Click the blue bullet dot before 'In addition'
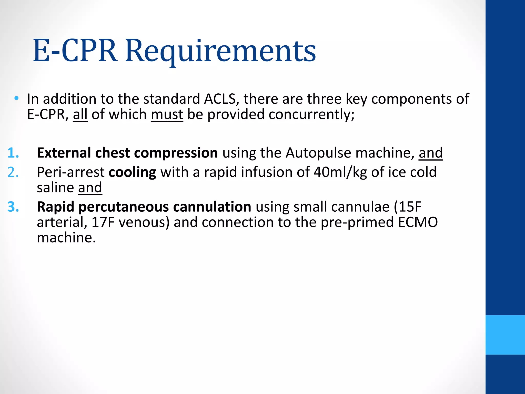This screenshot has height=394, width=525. pyautogui.click(x=16, y=98)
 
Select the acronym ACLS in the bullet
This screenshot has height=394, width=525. pyautogui.click(x=220, y=99)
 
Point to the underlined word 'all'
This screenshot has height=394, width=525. pyautogui.click(x=80, y=114)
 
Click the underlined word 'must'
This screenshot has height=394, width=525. pyautogui.click(x=167, y=114)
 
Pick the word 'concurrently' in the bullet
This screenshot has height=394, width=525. pyautogui.click(x=310, y=114)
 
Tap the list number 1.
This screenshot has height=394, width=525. pyautogui.click(x=13, y=153)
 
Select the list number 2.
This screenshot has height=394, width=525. pyautogui.click(x=13, y=172)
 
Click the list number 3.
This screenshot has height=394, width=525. pyautogui.click(x=13, y=207)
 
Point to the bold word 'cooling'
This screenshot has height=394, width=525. pyautogui.click(x=132, y=172)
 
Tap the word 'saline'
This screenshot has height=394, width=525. pyautogui.click(x=55, y=188)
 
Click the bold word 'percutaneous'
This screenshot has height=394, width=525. pyautogui.click(x=124, y=207)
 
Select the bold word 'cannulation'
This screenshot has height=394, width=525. pyautogui.click(x=212, y=207)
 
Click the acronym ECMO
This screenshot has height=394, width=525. pyautogui.click(x=418, y=222)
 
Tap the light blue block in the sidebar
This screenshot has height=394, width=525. pyautogui.click(x=505, y=335)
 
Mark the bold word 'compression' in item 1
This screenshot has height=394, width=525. pyautogui.click(x=176, y=153)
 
